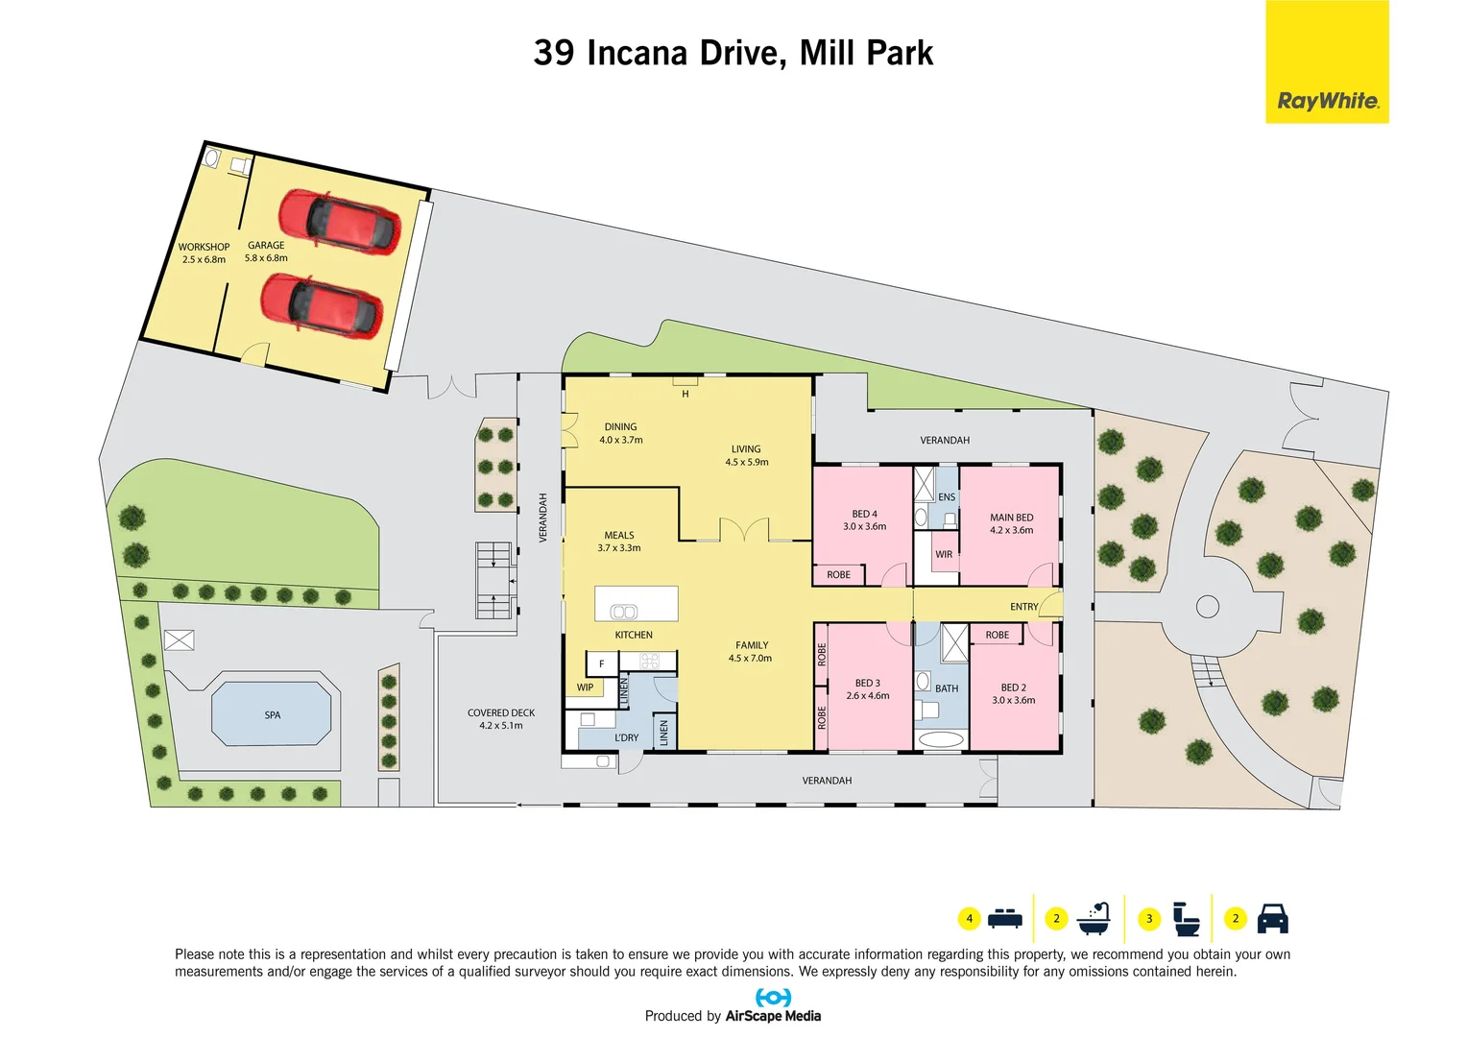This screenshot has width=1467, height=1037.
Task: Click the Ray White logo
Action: (x=1327, y=101)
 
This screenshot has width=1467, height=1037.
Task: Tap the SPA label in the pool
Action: (x=273, y=715)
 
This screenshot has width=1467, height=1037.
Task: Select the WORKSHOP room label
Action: (x=204, y=247)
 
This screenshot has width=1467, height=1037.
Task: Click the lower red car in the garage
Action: (x=323, y=304)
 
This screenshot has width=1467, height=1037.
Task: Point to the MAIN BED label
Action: (x=1011, y=518)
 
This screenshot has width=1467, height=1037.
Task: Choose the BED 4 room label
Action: (x=864, y=514)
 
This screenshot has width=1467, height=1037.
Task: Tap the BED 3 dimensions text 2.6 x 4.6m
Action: (x=867, y=696)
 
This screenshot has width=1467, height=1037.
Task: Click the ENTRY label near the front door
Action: (x=1023, y=607)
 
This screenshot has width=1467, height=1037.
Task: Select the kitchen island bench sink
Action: (x=624, y=612)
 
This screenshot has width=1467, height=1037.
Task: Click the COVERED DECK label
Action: (x=501, y=712)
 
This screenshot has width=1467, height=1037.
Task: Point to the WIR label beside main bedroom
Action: (x=944, y=555)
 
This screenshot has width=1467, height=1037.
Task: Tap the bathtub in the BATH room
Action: (x=940, y=739)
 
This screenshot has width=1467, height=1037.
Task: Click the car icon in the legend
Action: (x=1272, y=919)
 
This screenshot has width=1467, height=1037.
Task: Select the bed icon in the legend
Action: (x=1004, y=919)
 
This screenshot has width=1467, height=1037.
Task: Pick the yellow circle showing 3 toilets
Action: (x=1149, y=919)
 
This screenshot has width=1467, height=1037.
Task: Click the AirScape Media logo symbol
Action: (x=773, y=998)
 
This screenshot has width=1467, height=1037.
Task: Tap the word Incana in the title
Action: (x=637, y=53)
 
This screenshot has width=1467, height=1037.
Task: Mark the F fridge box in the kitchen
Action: (x=602, y=663)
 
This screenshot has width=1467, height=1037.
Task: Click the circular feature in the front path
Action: (x=1208, y=607)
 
